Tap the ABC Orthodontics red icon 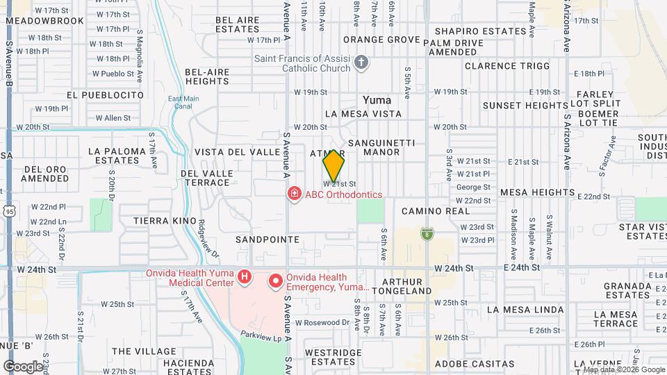(295, 194)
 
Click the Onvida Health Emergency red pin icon (276, 281)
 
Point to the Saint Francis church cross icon (360, 64)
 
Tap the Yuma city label (377, 100)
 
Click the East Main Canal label (183, 102)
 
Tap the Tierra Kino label (165, 220)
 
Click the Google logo (22, 365)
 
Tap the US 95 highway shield (9, 210)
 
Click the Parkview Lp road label (258, 334)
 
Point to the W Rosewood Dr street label (322, 322)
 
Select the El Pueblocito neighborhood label (106, 94)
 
